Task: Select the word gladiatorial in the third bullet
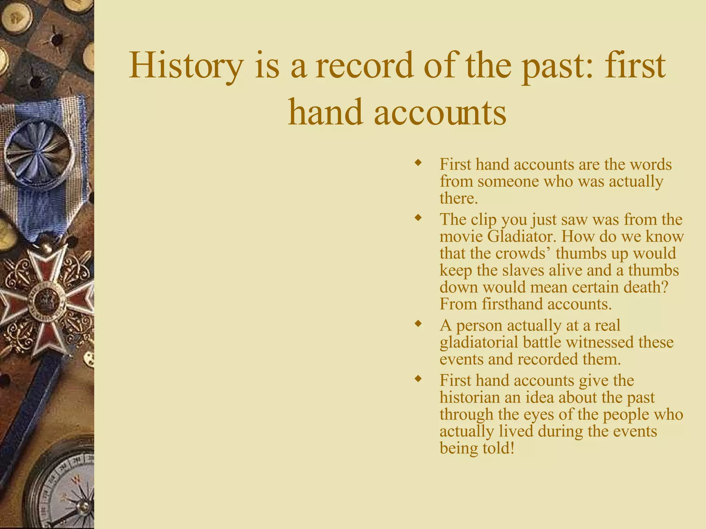pos(479,343)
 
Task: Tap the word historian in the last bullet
pos(470,398)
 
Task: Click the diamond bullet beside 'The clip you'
pos(418,218)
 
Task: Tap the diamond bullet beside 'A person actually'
pos(418,324)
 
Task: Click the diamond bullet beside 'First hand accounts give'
pos(418,379)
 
